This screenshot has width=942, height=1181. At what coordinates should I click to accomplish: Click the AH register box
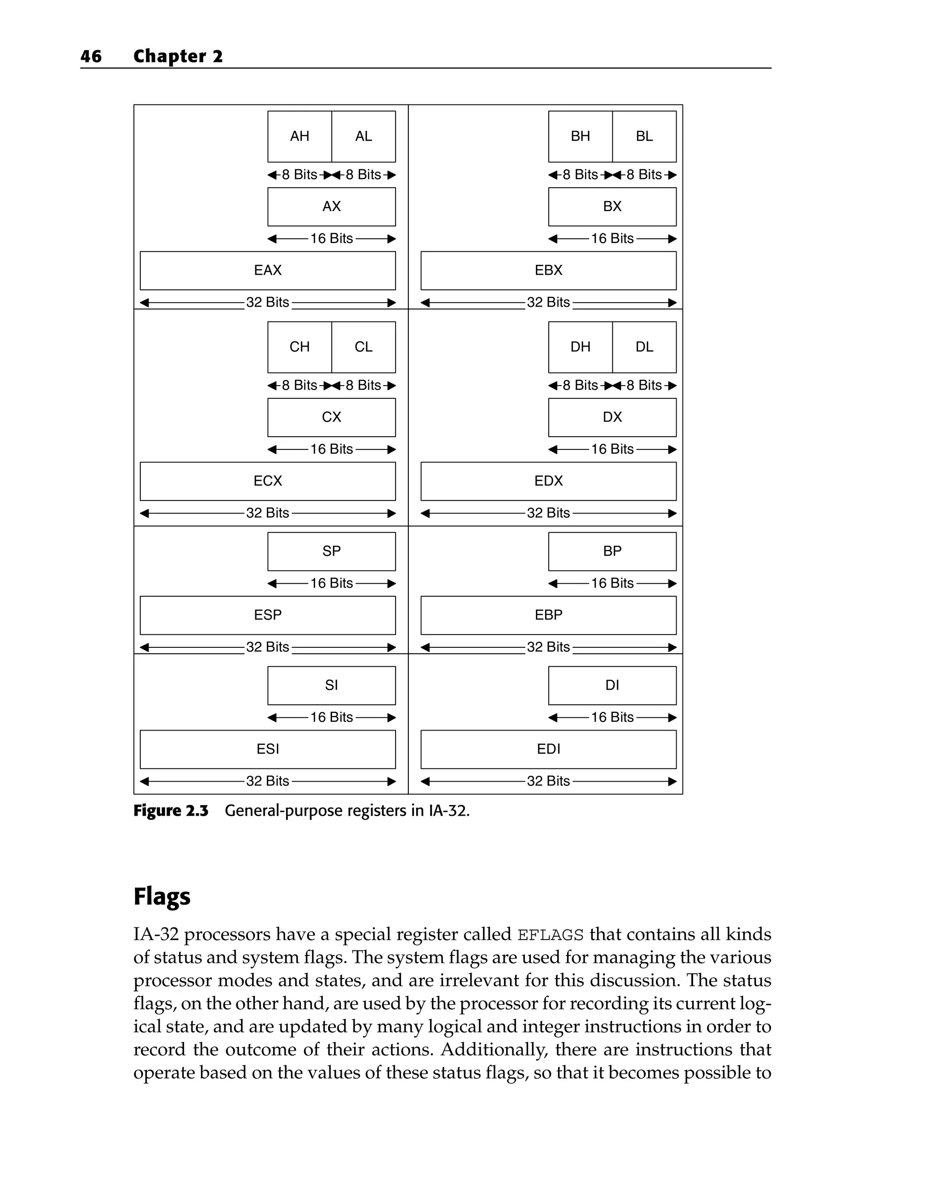click(x=299, y=136)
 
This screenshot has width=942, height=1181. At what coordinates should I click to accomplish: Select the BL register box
click(x=644, y=136)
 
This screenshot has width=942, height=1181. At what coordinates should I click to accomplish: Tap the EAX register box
click(x=267, y=271)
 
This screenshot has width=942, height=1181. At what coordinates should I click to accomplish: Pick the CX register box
click(x=331, y=417)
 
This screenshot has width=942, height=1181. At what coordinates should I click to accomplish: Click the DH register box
click(x=580, y=347)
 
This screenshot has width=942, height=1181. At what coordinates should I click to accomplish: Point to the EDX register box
click(x=548, y=481)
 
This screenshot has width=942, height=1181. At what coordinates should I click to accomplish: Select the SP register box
click(x=331, y=551)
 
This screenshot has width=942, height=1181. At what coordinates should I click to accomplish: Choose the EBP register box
click(x=548, y=615)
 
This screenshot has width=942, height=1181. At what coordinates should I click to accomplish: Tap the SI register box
click(x=331, y=685)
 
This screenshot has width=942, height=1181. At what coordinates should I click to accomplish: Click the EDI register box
click(x=548, y=749)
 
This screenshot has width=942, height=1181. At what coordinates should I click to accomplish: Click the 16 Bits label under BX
click(x=612, y=239)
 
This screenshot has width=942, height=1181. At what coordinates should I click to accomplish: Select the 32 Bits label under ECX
click(x=267, y=513)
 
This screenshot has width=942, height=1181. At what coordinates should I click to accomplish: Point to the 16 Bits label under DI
click(x=612, y=718)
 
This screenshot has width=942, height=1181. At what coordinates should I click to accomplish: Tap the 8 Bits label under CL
click(x=363, y=386)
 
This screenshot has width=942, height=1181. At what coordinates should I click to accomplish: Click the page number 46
click(x=91, y=57)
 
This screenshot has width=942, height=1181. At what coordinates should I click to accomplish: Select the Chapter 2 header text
click(x=178, y=57)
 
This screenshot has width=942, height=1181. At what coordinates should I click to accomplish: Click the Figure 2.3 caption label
click(x=171, y=811)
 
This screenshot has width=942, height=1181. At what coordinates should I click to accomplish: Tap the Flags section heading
click(x=162, y=897)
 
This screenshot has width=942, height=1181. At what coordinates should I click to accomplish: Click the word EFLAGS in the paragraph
click(x=551, y=934)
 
